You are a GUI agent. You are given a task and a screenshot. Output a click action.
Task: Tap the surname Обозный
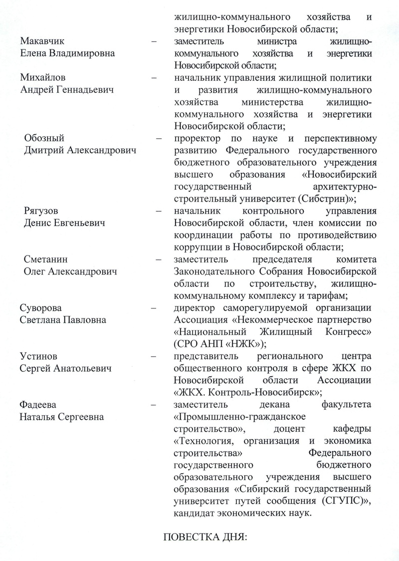pos(44,138)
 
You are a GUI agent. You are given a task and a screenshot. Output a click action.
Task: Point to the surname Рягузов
pos(44,211)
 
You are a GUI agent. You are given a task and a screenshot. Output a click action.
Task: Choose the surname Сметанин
pos(46,260)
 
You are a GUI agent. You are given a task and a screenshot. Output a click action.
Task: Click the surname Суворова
pos(41,308)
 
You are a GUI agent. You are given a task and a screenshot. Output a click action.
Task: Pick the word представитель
pos(204,356)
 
